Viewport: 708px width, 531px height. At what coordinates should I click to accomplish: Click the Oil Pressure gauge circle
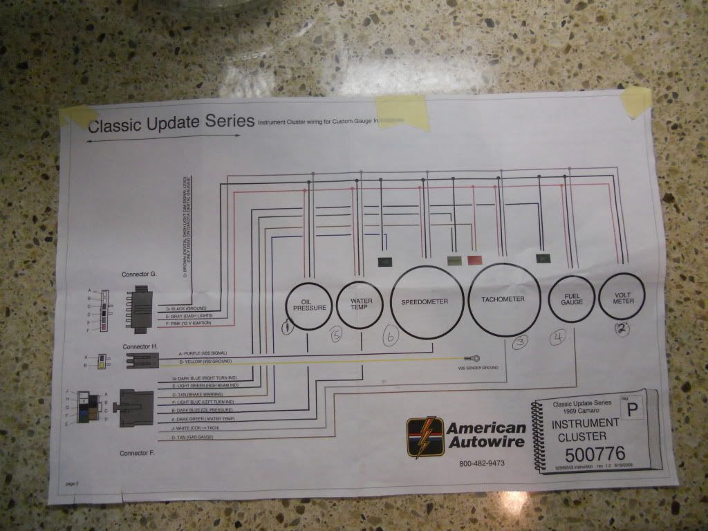coord(306,306)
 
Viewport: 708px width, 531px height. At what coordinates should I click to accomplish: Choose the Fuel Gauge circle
coord(571,298)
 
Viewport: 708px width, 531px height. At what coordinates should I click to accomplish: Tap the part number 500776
coord(594,454)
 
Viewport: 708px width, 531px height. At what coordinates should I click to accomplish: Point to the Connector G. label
coord(139,274)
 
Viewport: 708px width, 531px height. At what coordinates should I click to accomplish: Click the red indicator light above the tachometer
coord(475,261)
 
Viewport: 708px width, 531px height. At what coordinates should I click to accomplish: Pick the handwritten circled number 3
coord(520,342)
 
